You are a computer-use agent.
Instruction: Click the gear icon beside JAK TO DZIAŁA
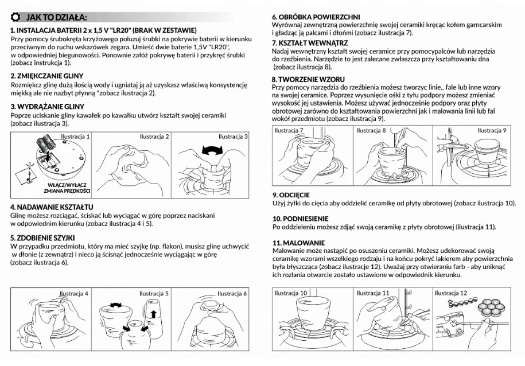point(15,17)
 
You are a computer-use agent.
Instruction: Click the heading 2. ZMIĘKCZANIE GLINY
point(47,76)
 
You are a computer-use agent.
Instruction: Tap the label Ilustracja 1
point(75,137)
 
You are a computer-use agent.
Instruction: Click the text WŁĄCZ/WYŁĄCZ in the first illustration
point(67,185)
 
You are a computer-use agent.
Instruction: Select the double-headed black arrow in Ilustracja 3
point(212,150)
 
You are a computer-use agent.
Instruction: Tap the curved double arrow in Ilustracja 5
point(116,305)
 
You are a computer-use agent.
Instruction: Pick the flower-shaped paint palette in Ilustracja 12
point(491,307)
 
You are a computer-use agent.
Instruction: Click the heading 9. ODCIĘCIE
point(291,195)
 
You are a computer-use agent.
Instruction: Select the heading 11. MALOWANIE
point(299,243)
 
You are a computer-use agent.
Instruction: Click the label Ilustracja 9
point(492,130)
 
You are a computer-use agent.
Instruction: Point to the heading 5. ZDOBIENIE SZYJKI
point(42,238)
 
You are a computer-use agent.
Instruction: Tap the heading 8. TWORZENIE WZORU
point(308,80)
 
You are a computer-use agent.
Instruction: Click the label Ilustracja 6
point(232,294)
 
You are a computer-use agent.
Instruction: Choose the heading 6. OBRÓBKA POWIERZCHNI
point(316,17)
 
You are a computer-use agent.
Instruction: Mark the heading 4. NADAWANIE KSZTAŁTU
point(52,207)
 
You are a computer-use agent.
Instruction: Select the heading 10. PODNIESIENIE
point(300,219)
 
